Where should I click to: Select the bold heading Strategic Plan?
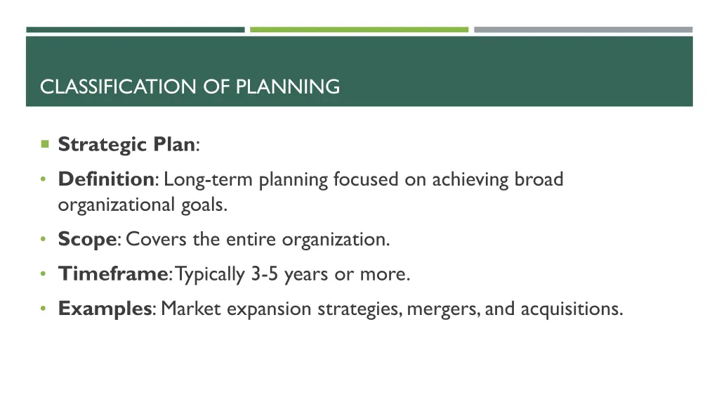[x=126, y=145]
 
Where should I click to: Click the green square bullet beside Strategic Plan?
[x=44, y=144]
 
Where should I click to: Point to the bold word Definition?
[x=106, y=179]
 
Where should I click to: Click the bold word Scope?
[x=87, y=239]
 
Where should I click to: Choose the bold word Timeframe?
[x=112, y=274]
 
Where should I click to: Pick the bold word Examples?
[x=105, y=308]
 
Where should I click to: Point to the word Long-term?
[x=209, y=179]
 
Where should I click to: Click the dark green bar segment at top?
[x=136, y=30]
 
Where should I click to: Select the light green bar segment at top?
[x=359, y=30]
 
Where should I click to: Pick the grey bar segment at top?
[x=583, y=30]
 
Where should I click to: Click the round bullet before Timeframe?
[x=44, y=274]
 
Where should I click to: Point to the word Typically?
[x=211, y=274]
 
